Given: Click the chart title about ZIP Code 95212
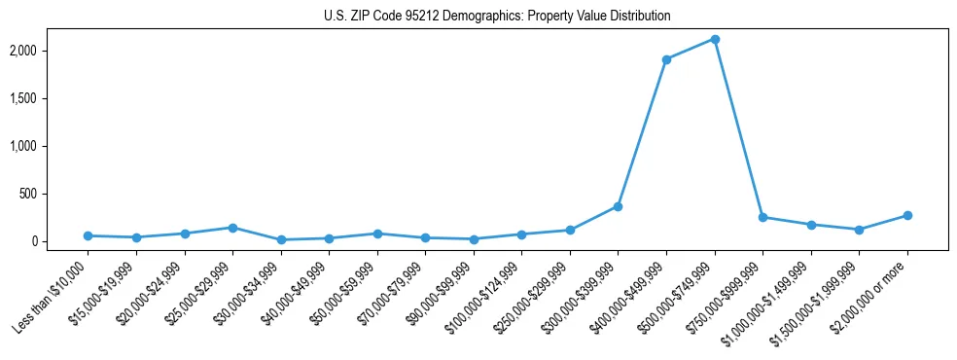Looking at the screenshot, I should tap(497, 17).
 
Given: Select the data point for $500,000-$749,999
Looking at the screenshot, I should tap(715, 39).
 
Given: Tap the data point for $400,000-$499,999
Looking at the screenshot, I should tap(666, 59).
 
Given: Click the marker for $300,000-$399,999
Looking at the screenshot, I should tap(618, 206).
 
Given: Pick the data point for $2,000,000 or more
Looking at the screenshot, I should tap(907, 215).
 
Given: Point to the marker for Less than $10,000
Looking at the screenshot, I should tap(88, 235).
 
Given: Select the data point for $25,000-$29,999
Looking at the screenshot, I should tap(232, 228).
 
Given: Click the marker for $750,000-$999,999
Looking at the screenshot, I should tap(762, 217).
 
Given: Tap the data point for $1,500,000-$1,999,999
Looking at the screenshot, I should tap(859, 230).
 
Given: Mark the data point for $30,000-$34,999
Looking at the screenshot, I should tap(280, 239).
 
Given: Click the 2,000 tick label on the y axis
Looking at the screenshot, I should tap(50, 51).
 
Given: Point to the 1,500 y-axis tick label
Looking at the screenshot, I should tap(50, 98).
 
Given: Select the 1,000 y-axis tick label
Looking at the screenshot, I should tap(50, 146).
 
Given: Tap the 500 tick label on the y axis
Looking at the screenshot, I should tap(53, 194).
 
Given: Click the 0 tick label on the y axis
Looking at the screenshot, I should tap(59, 241).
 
